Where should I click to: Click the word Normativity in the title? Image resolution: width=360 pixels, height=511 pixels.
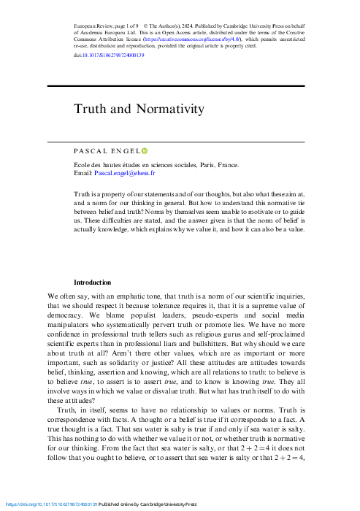coord(169,109)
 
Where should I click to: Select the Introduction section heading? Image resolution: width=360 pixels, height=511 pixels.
coord(92,282)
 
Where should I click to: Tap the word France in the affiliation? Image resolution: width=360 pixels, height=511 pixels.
coord(226,166)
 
